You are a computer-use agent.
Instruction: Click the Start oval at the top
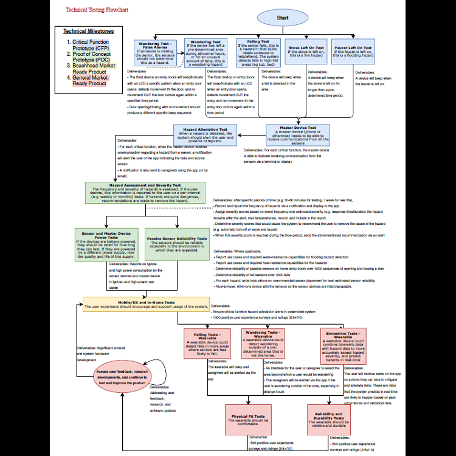coord(283,18)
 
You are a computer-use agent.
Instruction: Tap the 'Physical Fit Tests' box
coord(250,418)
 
